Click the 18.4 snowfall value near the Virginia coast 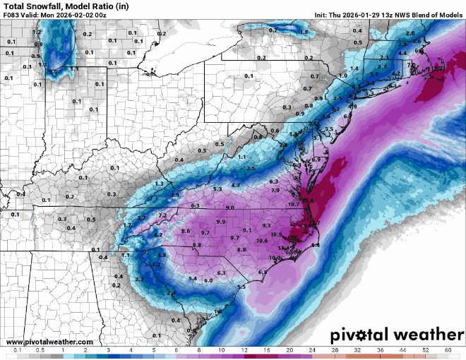[x=308, y=200]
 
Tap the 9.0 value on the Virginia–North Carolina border [x=230, y=208]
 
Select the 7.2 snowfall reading [x=162, y=215]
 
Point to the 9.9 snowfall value [x=221, y=222]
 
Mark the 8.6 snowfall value [x=186, y=231]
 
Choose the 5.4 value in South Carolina [x=193, y=279]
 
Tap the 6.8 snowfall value [x=263, y=272]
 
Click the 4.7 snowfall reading [x=236, y=185]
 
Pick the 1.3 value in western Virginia [x=159, y=184]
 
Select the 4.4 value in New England [x=402, y=53]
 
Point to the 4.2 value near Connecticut [x=396, y=73]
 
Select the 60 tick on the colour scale [x=448, y=350]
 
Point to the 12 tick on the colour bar [x=244, y=350]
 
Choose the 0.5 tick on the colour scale [x=40, y=350]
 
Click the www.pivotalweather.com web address [x=41, y=342]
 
